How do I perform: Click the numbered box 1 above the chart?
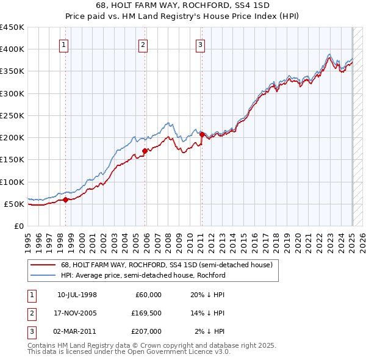(x=64, y=44)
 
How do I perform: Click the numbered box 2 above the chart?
(x=143, y=44)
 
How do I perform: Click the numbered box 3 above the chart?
(x=200, y=44)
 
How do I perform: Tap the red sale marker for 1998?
(x=65, y=200)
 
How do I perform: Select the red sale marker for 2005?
(x=145, y=151)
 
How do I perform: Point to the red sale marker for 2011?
(x=202, y=134)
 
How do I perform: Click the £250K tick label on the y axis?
(x=12, y=115)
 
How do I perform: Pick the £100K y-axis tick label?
(x=12, y=182)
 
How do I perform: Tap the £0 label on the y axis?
(x=18, y=226)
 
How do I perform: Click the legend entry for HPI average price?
(x=143, y=275)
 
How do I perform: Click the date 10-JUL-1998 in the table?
(x=77, y=295)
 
